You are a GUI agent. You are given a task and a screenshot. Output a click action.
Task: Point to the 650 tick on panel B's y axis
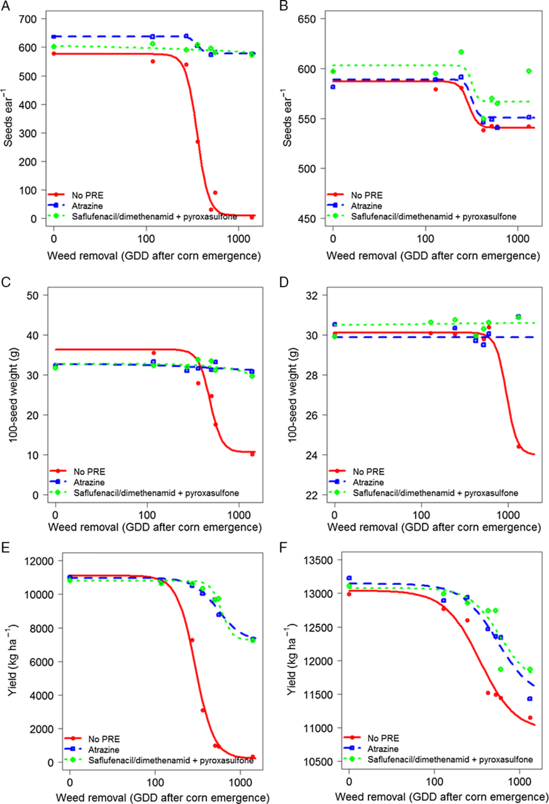[316, 19]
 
